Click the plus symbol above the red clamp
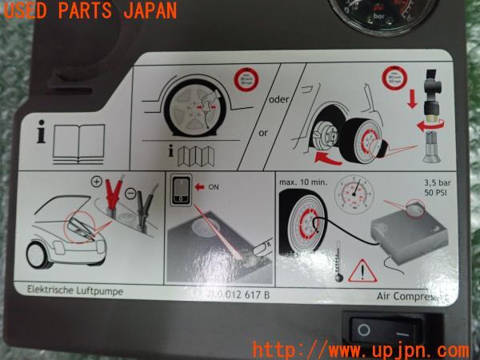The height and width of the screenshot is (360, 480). tap(97, 181)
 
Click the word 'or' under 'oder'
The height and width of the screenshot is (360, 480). tap(263, 133)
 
